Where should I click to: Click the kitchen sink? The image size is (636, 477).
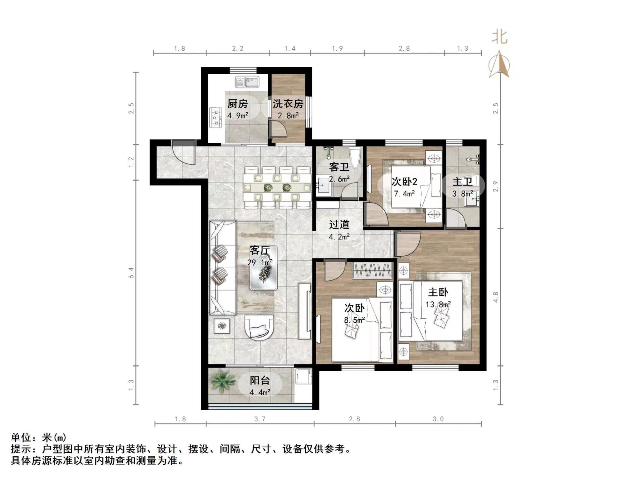[x=247, y=82]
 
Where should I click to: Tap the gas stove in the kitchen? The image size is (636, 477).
[x=215, y=118]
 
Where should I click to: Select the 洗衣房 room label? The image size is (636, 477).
[x=288, y=103]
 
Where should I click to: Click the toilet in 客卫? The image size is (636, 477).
[x=354, y=158]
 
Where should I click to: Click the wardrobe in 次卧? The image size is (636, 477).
[x=372, y=270]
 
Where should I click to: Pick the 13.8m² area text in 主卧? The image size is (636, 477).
[x=438, y=304]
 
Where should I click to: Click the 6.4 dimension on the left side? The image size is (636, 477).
[x=132, y=273]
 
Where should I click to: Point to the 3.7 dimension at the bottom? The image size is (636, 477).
[x=260, y=419]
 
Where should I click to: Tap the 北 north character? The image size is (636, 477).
[x=500, y=37]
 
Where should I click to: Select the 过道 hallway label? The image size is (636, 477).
[x=339, y=224]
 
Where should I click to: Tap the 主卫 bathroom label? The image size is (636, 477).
[x=462, y=181]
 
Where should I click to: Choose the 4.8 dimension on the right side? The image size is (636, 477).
[x=496, y=297]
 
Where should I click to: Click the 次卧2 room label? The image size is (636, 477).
[x=404, y=181]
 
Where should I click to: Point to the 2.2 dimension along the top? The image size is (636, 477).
[x=238, y=48]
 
